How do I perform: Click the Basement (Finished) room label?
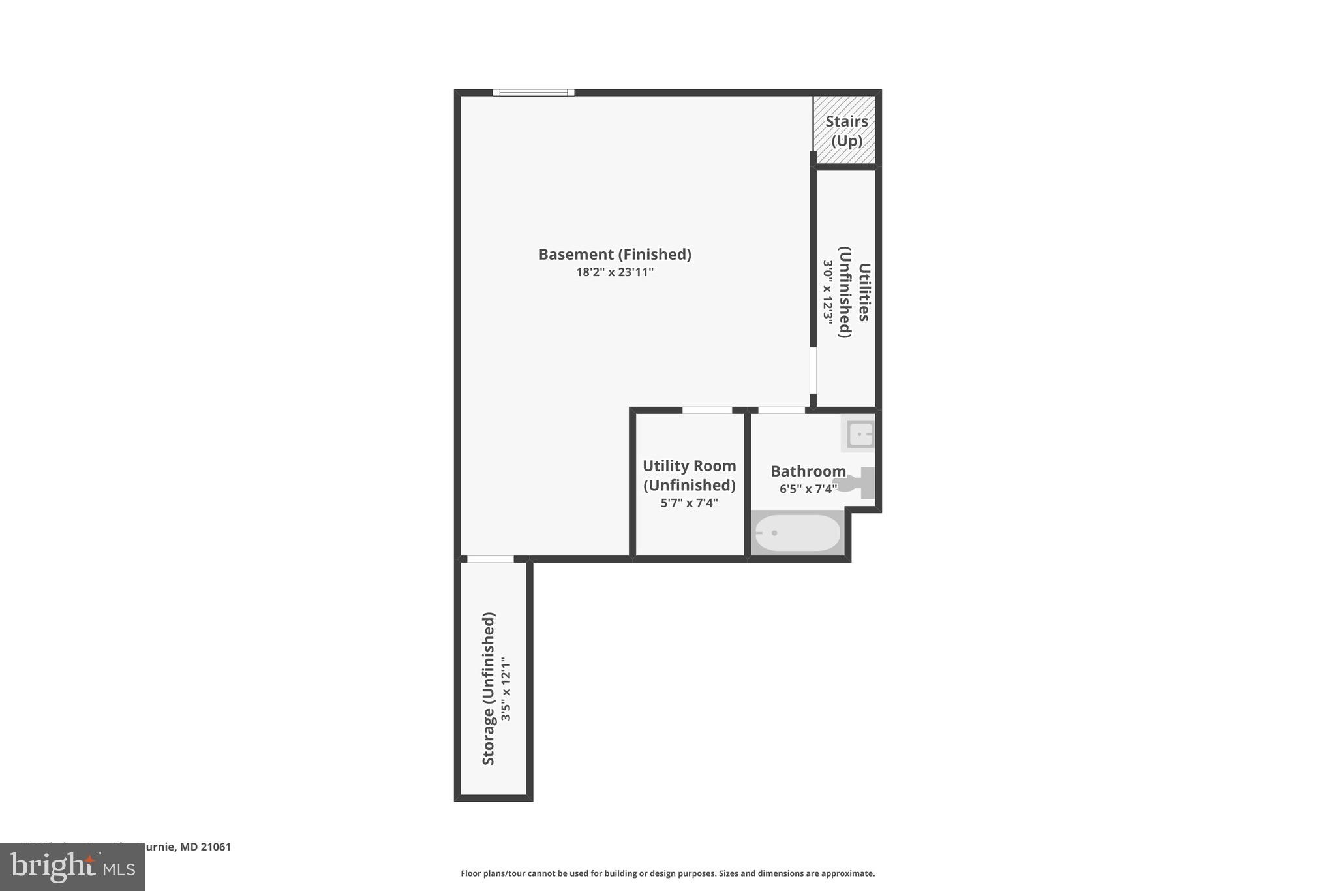[615, 254]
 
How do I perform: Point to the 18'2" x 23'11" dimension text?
[615, 272]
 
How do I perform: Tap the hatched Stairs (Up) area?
[845, 131]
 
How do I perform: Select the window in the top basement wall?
[534, 93]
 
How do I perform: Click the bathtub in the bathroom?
[797, 533]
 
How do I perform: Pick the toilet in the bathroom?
[856, 483]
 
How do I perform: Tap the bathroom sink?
[858, 434]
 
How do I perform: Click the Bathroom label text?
[808, 471]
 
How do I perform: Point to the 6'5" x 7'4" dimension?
[808, 489]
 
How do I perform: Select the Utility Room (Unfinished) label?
[689, 475]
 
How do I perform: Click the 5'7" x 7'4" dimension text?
[689, 503]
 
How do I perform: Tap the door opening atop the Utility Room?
[707, 410]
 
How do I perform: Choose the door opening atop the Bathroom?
[782, 410]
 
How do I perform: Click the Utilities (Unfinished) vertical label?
[855, 292]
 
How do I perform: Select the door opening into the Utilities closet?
[813, 369]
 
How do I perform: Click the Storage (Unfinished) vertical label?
[489, 689]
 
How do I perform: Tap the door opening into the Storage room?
[491, 559]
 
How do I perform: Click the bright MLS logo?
[72, 867]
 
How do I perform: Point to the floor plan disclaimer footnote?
[667, 873]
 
